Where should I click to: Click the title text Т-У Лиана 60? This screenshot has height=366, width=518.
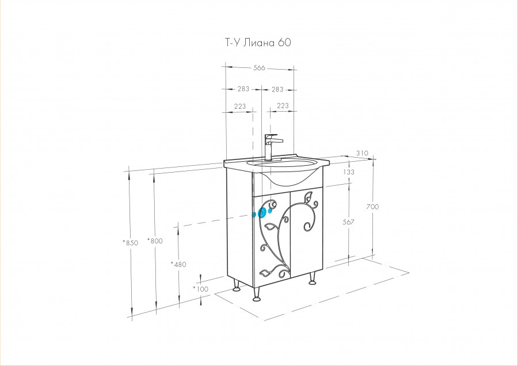coord(258,43)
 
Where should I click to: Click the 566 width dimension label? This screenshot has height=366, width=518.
coord(260,68)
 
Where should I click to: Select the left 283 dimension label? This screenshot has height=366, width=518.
coord(243,89)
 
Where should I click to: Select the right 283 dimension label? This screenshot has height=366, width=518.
coord(277,89)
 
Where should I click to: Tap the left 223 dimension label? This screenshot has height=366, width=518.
coord(240,106)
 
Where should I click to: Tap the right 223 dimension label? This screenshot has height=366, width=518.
coord(283,106)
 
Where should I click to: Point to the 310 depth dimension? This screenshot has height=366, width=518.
coord(362,153)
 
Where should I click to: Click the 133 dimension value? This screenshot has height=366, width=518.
coord(349,171)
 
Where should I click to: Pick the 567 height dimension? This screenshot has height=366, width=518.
coord(349,222)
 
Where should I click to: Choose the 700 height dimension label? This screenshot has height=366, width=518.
coord(372,207)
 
